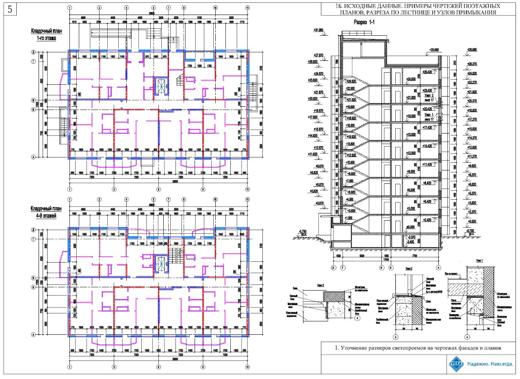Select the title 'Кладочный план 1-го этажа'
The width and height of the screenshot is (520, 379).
(x=44, y=34)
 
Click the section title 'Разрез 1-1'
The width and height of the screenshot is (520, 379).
(x=364, y=23)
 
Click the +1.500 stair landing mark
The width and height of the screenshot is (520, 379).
(x=348, y=218)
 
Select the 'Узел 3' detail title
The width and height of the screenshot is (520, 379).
(x=320, y=285)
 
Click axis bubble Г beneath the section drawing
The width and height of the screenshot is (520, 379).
(x=344, y=267)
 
